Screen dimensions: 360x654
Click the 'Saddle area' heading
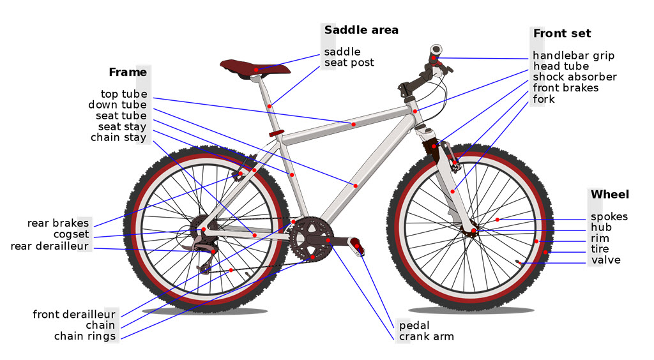click(361, 30)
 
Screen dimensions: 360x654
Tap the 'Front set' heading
click(562, 33)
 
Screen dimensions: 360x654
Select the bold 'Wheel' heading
click(609, 195)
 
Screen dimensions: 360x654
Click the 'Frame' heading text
click(128, 72)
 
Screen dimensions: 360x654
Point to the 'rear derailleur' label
click(49, 246)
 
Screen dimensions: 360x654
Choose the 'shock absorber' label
click(575, 77)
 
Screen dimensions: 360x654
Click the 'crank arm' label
click(426, 336)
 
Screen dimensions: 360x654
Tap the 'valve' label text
click(605, 260)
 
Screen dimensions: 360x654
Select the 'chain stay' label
click(118, 137)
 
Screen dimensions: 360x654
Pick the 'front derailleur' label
click(74, 314)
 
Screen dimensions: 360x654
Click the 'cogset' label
click(71, 235)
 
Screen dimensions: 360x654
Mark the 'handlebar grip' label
click(574, 56)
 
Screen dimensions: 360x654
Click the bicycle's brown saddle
click(254, 66)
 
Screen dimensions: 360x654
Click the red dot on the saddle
click(256, 70)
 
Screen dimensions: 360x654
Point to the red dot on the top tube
click(353, 124)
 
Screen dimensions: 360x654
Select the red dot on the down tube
click(355, 185)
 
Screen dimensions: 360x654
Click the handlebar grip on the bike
click(436, 50)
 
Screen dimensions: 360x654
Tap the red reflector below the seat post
click(277, 133)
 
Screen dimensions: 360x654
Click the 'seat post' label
click(349, 63)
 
